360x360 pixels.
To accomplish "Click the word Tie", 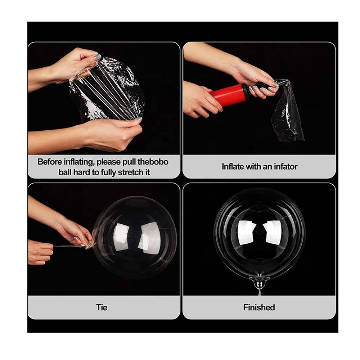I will click(102, 307).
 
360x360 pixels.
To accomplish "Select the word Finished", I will click(259, 307).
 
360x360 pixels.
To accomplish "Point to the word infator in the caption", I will click(285, 167).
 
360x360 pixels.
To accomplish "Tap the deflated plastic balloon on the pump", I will click(288, 112).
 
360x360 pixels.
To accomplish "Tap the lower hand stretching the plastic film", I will click(112, 133).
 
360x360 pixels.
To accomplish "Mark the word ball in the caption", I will click(65, 172).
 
